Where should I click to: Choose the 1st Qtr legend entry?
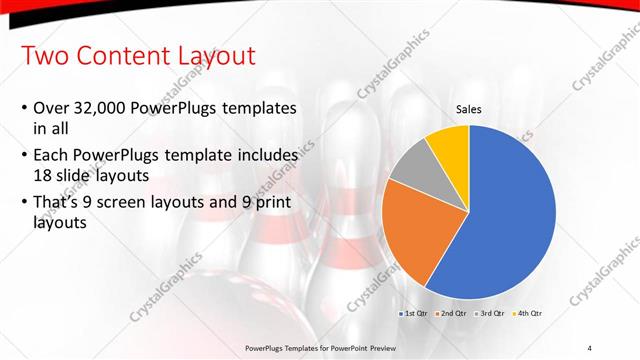click(x=417, y=314)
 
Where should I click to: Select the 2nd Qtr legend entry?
click(x=453, y=314)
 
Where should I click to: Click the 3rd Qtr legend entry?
click(x=489, y=314)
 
